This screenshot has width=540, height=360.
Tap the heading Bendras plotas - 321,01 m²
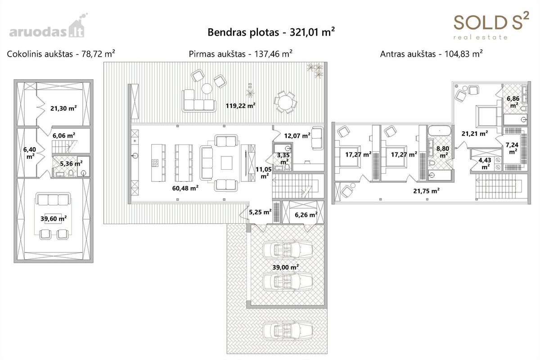point(271,32)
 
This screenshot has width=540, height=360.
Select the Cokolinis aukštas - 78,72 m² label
point(61,54)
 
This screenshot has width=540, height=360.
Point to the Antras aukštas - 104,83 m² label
point(431,54)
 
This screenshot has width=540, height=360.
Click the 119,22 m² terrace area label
point(240,106)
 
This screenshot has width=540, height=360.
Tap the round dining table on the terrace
point(285,102)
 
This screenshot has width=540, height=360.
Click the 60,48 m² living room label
point(185,188)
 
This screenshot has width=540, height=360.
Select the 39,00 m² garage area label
point(286,267)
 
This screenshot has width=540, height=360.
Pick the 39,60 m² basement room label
point(54,218)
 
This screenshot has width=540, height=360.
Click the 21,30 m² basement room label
point(63,108)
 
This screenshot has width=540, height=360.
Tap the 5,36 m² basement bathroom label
point(71,163)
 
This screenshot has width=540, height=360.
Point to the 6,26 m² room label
point(306,214)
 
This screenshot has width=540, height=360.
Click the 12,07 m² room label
point(297,136)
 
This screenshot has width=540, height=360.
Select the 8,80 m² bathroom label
point(442,152)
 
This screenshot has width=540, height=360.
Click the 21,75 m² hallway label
point(426,191)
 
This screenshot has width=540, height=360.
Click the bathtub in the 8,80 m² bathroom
point(440,130)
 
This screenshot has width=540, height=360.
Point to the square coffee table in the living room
point(227,163)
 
